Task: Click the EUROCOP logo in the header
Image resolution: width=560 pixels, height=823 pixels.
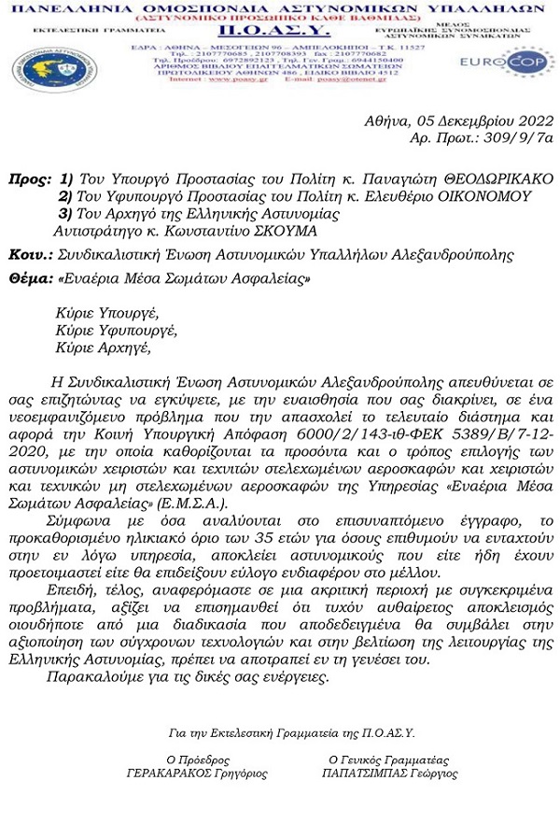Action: pyautogui.click(x=519, y=67)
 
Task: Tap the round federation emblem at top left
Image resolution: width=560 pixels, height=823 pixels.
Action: pyautogui.click(x=41, y=65)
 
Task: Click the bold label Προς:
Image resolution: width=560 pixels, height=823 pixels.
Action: pyautogui.click(x=28, y=177)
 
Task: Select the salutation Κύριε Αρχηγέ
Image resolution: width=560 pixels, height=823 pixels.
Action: pyautogui.click(x=102, y=348)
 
